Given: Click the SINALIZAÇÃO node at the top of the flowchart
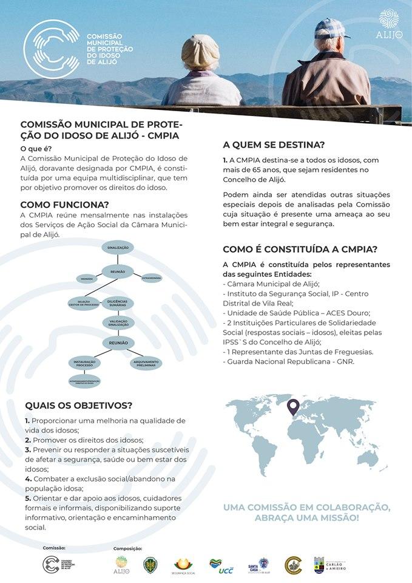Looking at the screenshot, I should pyautogui.click(x=118, y=248).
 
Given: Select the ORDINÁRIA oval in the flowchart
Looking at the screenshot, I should pyautogui.click(x=87, y=279).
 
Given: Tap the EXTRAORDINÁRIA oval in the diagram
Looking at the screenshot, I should pyautogui.click(x=151, y=278).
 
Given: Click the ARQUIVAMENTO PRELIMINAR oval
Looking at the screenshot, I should pyautogui.click(x=145, y=363).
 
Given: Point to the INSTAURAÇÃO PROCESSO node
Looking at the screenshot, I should pyautogui.click(x=84, y=363).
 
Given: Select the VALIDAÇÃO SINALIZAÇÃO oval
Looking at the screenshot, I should pyautogui.click(x=118, y=322).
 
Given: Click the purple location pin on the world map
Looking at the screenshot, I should pyautogui.click(x=293, y=406).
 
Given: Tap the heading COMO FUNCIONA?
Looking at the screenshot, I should pyautogui.click(x=65, y=205).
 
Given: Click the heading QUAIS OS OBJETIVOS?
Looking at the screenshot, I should pyautogui.click(x=79, y=406).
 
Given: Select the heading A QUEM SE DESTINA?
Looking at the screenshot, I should pyautogui.click(x=274, y=145).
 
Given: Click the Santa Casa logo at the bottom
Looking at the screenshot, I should pyautogui.click(x=257, y=566).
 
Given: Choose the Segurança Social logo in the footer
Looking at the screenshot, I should pyautogui.click(x=184, y=566).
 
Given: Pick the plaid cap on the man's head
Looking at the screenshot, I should pyautogui.click(x=330, y=27).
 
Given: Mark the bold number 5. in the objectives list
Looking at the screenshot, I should pyautogui.click(x=28, y=498).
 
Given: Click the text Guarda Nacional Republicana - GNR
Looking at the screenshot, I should pyautogui.click(x=291, y=362).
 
